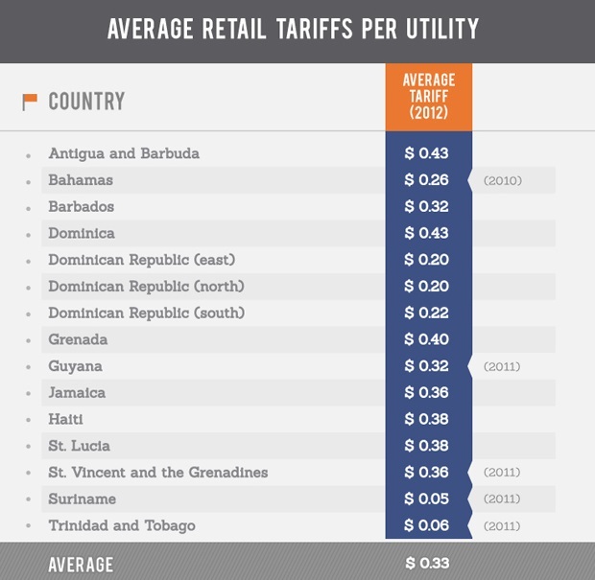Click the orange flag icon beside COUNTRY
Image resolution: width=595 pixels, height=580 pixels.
(30, 101)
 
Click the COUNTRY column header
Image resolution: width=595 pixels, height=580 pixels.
(86, 101)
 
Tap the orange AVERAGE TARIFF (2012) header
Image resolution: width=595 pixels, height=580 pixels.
(428, 96)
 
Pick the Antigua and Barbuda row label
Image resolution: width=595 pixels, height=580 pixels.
(124, 153)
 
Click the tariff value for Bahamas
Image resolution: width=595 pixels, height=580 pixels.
(426, 180)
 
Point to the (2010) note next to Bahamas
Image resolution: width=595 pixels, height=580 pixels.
(503, 180)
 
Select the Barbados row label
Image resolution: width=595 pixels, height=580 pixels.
(82, 207)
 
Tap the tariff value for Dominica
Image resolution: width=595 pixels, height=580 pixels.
(426, 233)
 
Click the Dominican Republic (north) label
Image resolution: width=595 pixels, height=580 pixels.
(146, 287)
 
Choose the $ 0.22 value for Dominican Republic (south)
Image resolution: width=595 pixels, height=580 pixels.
(426, 313)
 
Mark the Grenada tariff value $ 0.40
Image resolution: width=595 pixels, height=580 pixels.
(426, 339)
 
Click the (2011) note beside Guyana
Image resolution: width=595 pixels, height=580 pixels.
(503, 366)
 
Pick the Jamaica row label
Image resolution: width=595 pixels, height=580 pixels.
(77, 393)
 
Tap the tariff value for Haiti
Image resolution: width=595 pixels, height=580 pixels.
(426, 419)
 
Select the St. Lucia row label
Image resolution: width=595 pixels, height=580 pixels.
(80, 446)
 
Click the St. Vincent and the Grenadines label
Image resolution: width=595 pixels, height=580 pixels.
(158, 473)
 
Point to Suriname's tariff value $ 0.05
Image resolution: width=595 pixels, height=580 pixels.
(426, 499)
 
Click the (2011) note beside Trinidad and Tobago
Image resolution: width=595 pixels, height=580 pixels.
(503, 525)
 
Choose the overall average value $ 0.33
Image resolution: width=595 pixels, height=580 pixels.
(427, 563)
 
